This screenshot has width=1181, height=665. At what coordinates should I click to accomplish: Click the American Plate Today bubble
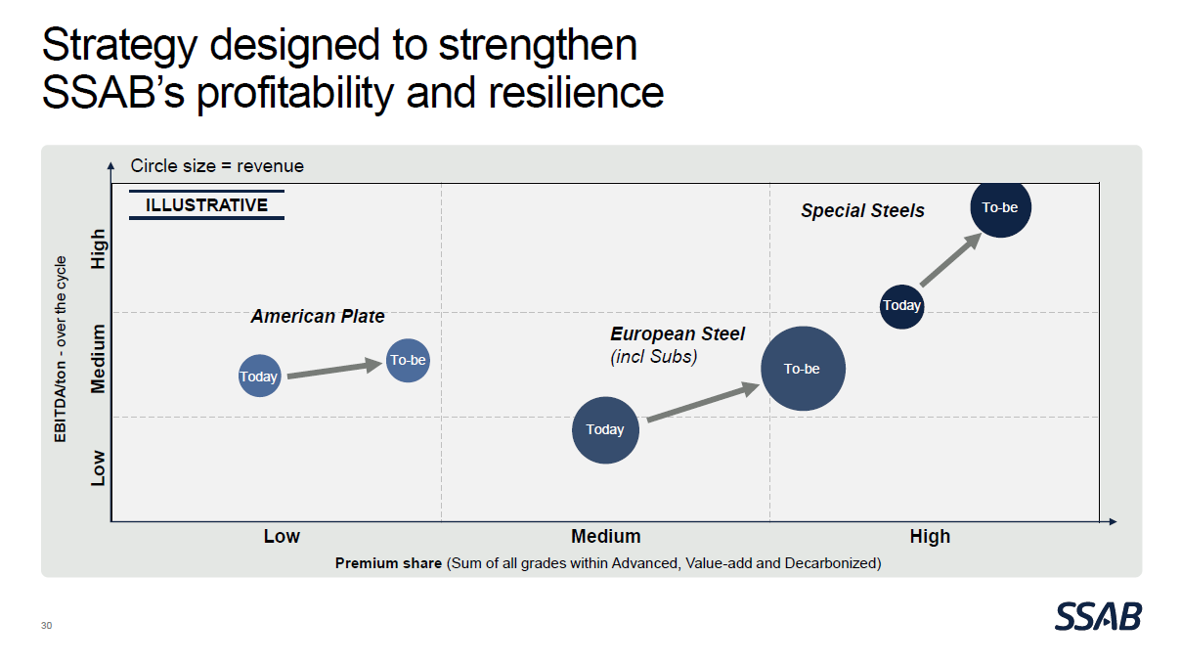click(259, 376)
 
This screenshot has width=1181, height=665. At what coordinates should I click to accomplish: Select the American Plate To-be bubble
click(408, 360)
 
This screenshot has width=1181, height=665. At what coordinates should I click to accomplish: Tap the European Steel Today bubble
click(605, 429)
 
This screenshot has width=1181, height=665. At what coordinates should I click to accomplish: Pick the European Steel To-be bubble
click(803, 369)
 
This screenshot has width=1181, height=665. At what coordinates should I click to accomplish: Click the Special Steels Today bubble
click(901, 305)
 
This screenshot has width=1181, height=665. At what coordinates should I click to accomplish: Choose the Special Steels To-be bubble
click(1000, 207)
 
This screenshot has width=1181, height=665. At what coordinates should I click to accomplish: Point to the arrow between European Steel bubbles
click(703, 402)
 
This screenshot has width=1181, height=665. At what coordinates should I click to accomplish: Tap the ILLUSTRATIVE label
click(206, 205)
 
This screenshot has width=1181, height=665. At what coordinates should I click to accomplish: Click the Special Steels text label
click(862, 210)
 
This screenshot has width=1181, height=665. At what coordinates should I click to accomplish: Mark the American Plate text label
click(318, 316)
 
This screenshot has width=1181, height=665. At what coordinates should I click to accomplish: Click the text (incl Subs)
click(654, 357)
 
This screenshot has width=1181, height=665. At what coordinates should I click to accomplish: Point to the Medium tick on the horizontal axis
click(606, 536)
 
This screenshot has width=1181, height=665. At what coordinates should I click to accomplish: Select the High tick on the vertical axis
click(98, 249)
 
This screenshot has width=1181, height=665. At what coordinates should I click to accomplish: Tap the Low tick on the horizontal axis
click(282, 536)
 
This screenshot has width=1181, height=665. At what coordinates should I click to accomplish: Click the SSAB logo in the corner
click(1098, 616)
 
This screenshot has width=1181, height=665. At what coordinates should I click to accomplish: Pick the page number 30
click(47, 625)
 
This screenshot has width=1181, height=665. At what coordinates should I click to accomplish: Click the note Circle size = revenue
click(217, 166)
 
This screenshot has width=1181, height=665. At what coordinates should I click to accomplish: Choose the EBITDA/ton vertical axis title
click(61, 349)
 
